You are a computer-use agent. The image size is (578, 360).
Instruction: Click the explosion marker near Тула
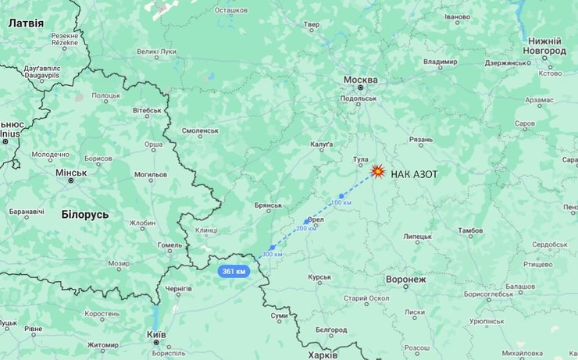377,171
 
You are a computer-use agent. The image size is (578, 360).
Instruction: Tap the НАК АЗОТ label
415,173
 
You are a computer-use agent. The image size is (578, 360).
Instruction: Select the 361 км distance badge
234,271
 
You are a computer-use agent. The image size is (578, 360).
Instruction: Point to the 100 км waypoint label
341,203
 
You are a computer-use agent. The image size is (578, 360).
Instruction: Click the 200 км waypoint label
306,228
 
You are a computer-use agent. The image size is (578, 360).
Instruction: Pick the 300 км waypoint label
272,255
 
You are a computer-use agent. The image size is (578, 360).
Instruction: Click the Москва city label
360,80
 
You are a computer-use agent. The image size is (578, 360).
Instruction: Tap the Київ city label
156,334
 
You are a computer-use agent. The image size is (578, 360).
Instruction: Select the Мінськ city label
71,172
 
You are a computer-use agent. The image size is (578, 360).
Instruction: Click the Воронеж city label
406,279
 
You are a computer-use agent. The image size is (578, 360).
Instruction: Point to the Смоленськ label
200,130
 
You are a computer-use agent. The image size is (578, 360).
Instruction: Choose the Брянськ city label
268,205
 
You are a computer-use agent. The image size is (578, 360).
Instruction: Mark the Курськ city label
319,276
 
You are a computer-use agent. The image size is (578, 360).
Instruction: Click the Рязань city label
420,140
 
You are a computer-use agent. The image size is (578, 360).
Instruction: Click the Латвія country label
26,23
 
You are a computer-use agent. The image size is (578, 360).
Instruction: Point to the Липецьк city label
417,236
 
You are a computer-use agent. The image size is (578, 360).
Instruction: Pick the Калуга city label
321,144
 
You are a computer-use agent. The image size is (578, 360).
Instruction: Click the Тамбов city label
470,230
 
